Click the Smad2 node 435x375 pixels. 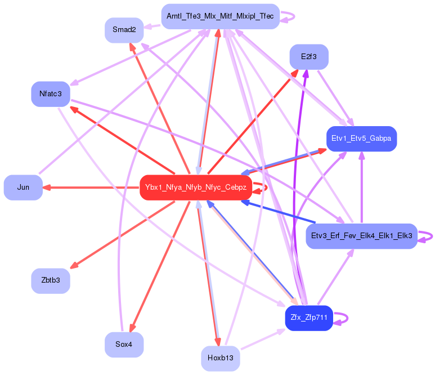point(124,30)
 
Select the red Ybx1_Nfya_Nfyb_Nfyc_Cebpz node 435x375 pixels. point(195,187)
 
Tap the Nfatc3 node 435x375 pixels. point(51,93)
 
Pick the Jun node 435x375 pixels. point(23,187)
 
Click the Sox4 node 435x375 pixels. point(124,344)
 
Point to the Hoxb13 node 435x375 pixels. point(220,358)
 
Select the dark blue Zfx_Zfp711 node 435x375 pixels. point(309,318)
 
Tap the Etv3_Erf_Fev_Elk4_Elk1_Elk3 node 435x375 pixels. point(361,236)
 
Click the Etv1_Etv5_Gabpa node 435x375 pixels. point(362,139)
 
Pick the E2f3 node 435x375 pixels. point(309,57)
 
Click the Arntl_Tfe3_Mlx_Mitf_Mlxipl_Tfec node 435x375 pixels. point(220,16)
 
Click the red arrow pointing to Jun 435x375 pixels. point(90,187)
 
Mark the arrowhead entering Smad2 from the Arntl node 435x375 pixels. point(147,26)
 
